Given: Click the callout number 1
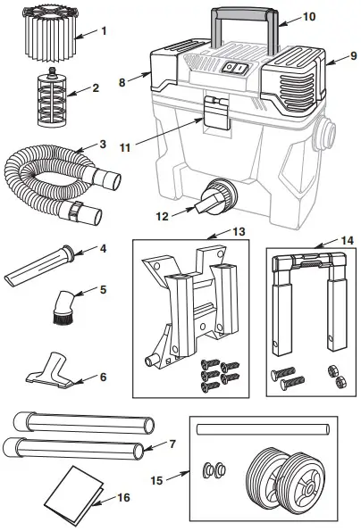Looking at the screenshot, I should pos(104,31).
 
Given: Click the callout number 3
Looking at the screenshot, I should pos(104,145).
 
